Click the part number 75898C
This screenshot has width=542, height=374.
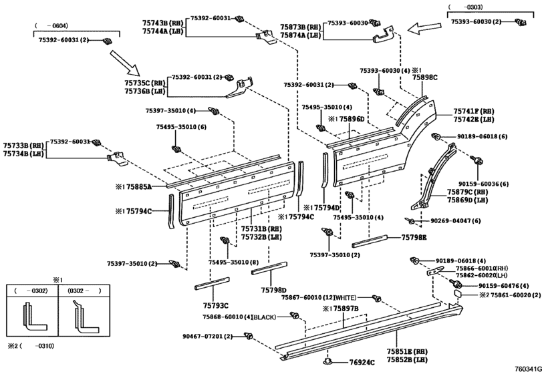(424, 78)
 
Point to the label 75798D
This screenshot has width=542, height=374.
(274, 291)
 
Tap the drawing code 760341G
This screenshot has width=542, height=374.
(527, 368)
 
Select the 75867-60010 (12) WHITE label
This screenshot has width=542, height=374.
(323, 297)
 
